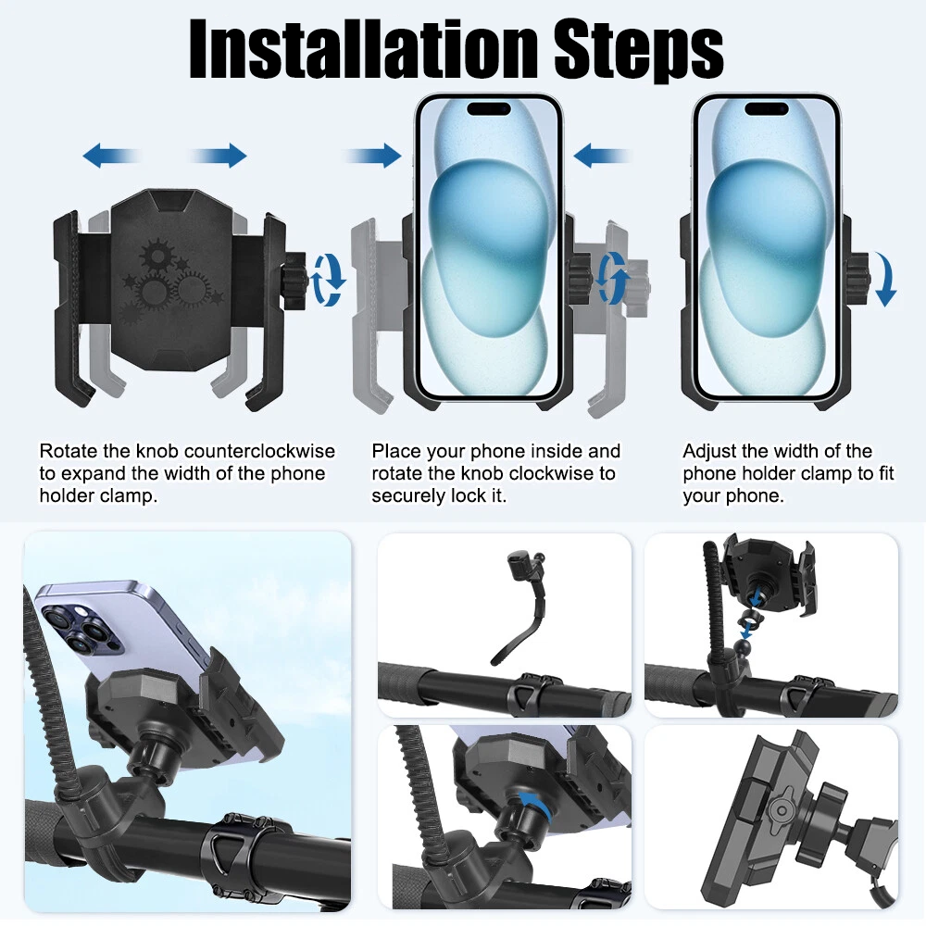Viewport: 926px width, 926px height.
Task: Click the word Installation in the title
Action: click(x=363, y=49)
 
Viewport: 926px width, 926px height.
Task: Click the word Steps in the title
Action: click(x=639, y=52)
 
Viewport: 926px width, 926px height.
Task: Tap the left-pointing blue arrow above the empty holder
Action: click(x=112, y=156)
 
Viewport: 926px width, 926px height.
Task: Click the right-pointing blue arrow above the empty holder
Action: click(x=218, y=156)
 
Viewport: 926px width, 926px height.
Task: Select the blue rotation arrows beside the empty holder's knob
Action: click(x=329, y=280)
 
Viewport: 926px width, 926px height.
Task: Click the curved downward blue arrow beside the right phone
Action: click(x=885, y=279)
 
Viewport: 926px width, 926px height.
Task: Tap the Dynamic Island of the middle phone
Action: click(x=488, y=109)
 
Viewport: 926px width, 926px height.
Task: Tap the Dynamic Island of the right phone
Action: click(x=766, y=109)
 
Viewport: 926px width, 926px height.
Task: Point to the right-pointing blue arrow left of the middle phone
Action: click(x=372, y=156)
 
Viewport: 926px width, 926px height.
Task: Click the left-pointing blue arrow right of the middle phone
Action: click(x=602, y=156)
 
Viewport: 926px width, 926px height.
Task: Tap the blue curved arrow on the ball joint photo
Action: click(x=538, y=805)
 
